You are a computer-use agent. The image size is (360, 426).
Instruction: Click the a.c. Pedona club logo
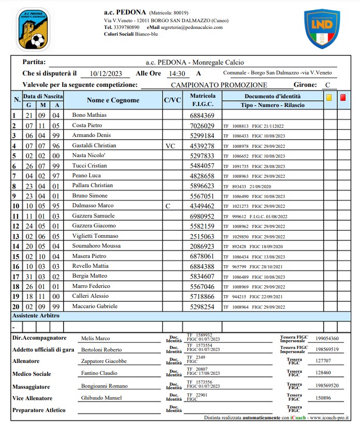[x=33, y=29]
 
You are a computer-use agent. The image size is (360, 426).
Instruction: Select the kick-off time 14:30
[x=177, y=73]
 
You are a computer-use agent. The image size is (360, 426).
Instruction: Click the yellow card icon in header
[x=328, y=97]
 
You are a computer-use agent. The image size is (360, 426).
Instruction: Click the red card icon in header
[x=343, y=97]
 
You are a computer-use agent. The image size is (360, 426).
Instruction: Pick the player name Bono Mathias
[x=89, y=115]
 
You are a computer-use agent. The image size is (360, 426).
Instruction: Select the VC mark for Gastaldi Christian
[x=170, y=146]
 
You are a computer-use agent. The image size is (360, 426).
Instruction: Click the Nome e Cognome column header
[x=113, y=100]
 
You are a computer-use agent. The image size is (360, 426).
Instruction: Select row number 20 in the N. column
[x=16, y=307]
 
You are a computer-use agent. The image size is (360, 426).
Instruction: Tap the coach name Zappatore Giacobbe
[x=103, y=361]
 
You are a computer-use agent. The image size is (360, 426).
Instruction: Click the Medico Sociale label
[x=32, y=374]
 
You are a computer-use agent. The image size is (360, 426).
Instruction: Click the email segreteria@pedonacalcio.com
[x=191, y=27]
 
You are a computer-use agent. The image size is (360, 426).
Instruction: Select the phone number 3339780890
[x=127, y=27]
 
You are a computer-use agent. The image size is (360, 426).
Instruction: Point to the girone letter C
[x=327, y=85]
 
